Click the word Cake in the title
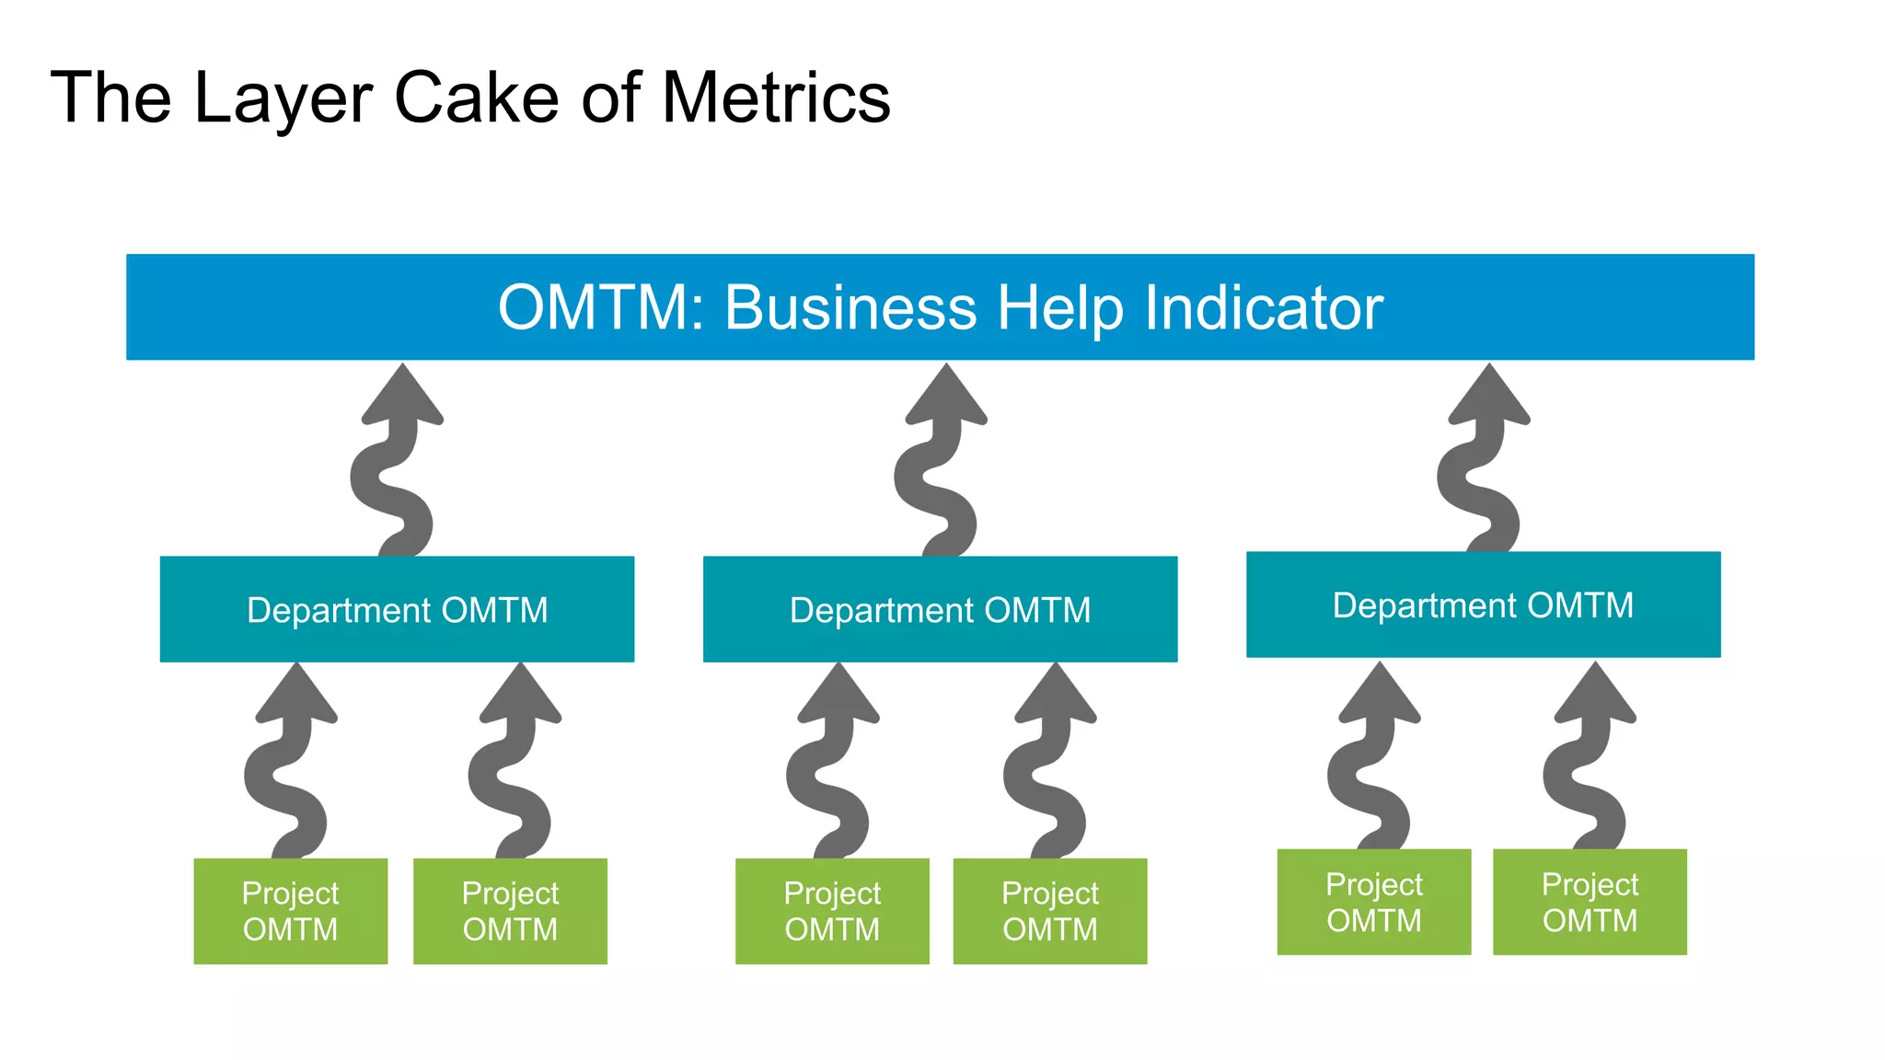pyautogui.click(x=475, y=98)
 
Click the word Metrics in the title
pyautogui.click(x=775, y=98)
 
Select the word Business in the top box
pyautogui.click(x=850, y=307)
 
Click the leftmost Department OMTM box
pyautogui.click(x=397, y=609)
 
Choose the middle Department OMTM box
pyautogui.click(x=940, y=609)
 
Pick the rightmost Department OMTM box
pyautogui.click(x=1483, y=605)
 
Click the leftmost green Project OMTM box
pyautogui.click(x=290, y=911)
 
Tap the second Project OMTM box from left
pyautogui.click(x=510, y=911)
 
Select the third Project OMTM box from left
pyautogui.click(x=832, y=911)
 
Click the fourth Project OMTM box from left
pyautogui.click(x=1050, y=911)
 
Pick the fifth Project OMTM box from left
pyautogui.click(x=1373, y=902)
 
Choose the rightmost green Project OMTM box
pyautogui.click(x=1590, y=902)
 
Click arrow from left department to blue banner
pyautogui.click(x=396, y=469)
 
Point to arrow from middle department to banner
pyautogui.click(x=939, y=469)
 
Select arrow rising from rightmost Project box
pyautogui.click(x=1588, y=764)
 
